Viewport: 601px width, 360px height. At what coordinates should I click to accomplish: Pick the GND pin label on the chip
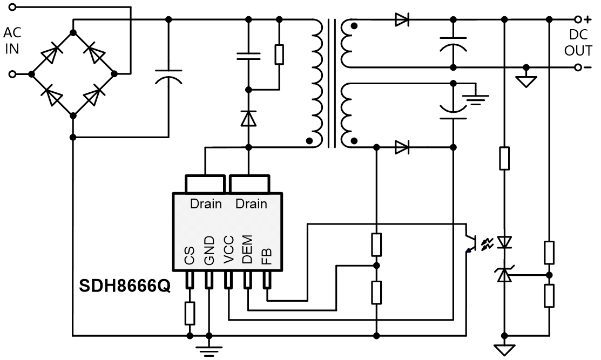tap(209, 252)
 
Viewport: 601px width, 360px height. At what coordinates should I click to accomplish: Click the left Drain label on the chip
tap(206, 204)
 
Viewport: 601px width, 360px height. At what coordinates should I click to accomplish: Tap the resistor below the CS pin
tap(190, 313)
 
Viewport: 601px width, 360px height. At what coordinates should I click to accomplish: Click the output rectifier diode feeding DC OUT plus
tap(402, 20)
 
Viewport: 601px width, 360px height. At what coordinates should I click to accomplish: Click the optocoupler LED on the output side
tap(504, 242)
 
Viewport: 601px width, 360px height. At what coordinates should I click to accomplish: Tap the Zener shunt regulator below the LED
tap(504, 275)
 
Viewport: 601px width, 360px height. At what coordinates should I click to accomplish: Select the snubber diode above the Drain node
tap(248, 118)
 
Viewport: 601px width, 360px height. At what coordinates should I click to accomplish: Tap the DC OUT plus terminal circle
tap(578, 19)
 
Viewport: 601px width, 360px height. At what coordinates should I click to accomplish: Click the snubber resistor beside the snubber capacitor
tap(279, 55)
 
